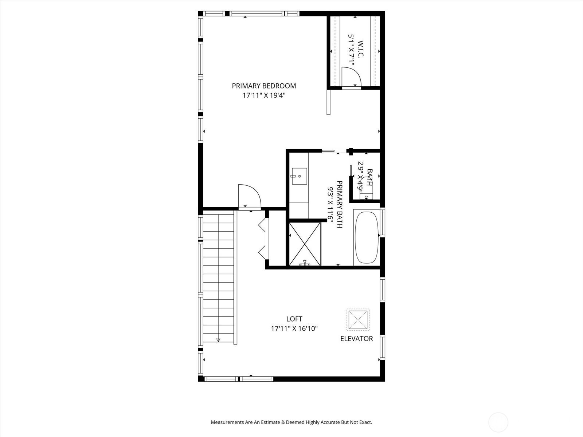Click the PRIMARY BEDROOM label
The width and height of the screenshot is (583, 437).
coord(264,86)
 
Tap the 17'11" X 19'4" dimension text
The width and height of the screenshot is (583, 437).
coord(264,95)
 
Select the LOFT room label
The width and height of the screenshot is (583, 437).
coord(294,319)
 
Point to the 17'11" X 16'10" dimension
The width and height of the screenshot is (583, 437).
coord(294,328)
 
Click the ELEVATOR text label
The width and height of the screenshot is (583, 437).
coord(356,339)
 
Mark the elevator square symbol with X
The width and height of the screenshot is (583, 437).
coord(358,320)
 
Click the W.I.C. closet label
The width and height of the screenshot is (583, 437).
coord(361,50)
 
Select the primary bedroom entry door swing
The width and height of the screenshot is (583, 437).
coord(249,197)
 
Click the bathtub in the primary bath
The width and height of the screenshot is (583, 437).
coord(367,237)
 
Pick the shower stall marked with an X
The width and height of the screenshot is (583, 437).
coord(305,244)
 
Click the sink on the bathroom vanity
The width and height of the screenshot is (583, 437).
coord(299,176)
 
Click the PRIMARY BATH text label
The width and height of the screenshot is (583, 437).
coord(339,204)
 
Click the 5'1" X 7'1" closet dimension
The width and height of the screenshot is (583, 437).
coord(352,50)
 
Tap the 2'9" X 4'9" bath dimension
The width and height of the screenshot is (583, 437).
coord(361,177)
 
